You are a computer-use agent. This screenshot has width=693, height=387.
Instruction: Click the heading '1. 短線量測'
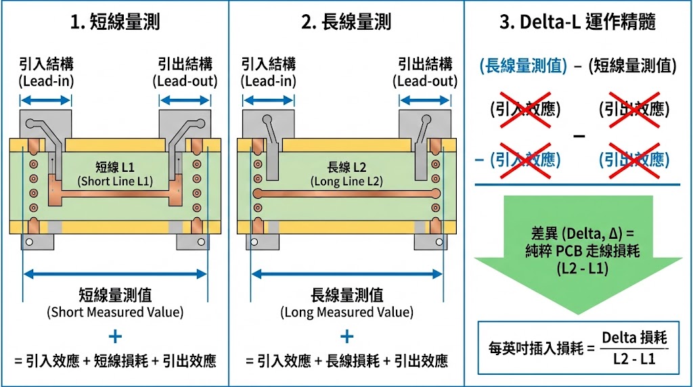(115, 22)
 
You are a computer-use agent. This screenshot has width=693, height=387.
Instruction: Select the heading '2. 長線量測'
(346, 22)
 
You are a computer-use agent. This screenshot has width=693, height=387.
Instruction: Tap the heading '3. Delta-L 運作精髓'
(578, 22)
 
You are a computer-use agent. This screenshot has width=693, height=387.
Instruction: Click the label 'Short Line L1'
(115, 181)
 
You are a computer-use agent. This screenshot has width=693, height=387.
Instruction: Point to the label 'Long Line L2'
(346, 181)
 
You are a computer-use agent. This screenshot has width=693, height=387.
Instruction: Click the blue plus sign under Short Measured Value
(115, 336)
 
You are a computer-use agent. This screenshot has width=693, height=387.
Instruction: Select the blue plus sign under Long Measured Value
(346, 336)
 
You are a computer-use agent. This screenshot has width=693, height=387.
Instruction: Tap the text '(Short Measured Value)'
(115, 313)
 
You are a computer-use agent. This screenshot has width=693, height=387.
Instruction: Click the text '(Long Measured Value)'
(346, 313)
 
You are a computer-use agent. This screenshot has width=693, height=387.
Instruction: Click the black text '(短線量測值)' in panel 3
(633, 66)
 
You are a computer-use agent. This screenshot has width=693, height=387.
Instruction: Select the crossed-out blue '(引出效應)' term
(634, 160)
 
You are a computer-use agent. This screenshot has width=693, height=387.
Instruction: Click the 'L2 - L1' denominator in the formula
(633, 359)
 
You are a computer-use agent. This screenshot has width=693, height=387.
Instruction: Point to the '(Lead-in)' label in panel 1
(46, 81)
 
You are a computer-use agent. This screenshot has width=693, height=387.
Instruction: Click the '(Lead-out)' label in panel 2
(425, 81)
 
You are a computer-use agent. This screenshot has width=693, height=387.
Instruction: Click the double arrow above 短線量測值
(115, 274)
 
